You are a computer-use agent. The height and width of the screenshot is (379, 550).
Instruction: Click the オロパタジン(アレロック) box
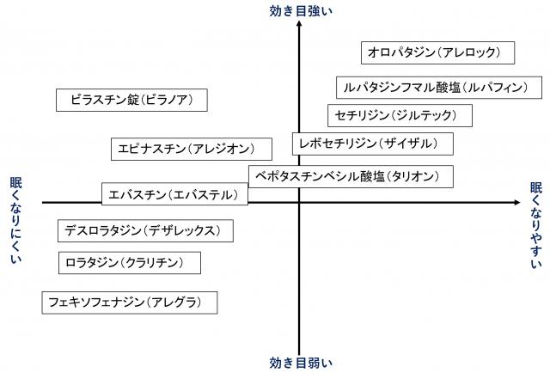coord(437,53)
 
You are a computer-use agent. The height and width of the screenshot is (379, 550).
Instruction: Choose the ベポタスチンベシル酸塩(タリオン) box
coord(351,176)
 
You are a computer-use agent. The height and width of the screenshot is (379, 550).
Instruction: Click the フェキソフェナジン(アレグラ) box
coord(129,302)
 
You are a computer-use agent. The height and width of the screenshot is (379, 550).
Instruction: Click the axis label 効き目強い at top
coord(298,10)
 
